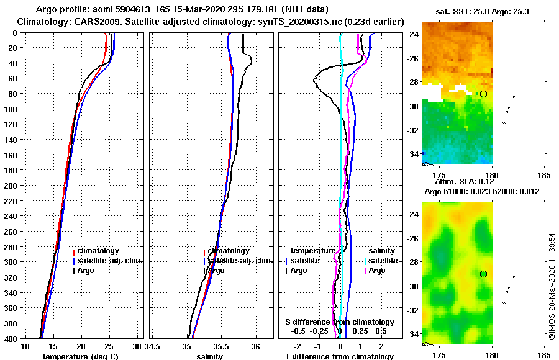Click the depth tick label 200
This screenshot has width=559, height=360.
pos(11,186)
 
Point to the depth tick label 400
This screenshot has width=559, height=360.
pos(11,338)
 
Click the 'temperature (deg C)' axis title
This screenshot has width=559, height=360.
pos(80,356)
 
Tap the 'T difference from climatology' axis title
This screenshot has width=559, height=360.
pos(339,356)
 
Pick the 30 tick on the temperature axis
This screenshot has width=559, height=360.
pos(138,345)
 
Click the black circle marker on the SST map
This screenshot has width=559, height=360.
pos(483,94)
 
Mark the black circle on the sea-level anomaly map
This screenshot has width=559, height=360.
pos(483,274)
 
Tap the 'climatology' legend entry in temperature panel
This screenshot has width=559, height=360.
pos(99,251)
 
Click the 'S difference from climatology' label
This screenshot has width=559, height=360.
pos(339,322)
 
